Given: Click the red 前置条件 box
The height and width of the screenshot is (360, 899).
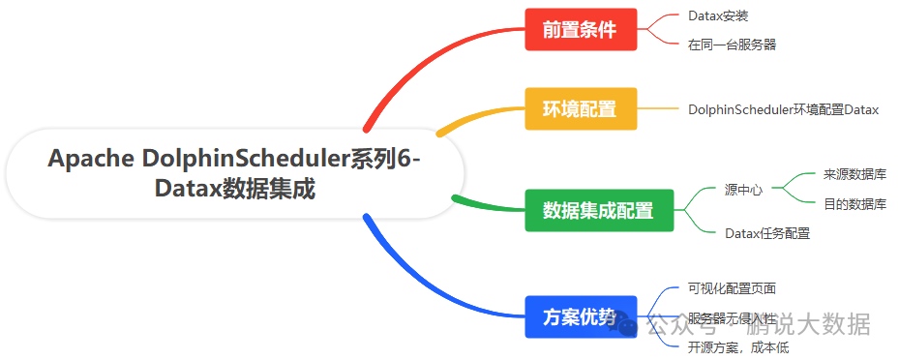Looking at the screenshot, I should click(581, 29).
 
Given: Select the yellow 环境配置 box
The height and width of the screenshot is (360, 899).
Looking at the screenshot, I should click(581, 108).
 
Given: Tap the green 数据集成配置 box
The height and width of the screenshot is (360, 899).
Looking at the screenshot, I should click(597, 210).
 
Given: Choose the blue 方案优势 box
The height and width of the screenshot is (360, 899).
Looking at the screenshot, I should click(581, 316).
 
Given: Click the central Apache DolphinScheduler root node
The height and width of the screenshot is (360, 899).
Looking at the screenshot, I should click(235, 173).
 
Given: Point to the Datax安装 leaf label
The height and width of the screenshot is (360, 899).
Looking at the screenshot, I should click(718, 16).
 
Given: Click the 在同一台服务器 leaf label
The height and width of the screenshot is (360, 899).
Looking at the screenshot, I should click(732, 44).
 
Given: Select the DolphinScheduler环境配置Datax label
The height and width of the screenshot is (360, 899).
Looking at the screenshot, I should click(783, 109).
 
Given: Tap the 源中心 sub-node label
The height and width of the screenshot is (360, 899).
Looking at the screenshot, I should click(743, 190).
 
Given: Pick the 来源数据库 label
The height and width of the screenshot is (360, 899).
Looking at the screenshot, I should click(854, 174).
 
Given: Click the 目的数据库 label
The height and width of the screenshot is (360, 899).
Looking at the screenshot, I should click(854, 204).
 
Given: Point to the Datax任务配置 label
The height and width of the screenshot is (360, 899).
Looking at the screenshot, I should click(767, 233).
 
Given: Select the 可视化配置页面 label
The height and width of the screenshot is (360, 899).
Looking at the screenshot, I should click(732, 288).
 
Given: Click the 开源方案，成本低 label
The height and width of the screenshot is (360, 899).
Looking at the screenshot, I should click(737, 347).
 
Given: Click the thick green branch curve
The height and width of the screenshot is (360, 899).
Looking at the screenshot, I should click(484, 204).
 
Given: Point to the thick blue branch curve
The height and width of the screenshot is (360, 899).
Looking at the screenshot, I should click(426, 281).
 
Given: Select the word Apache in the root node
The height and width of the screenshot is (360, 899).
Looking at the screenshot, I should click(90, 159).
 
